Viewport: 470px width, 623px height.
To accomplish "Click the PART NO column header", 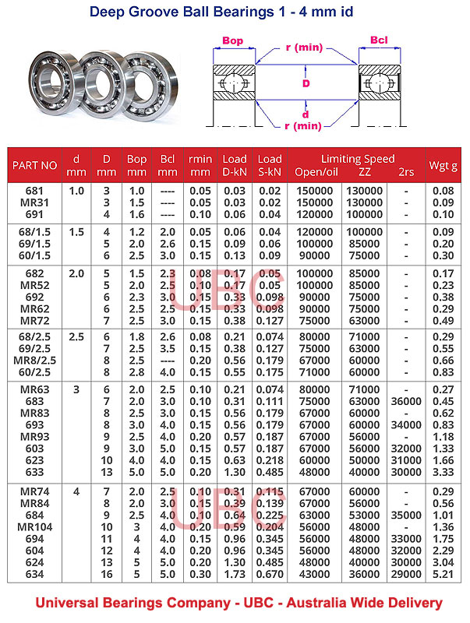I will pos(34,165).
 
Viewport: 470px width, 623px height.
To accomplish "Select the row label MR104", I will pos(34,526).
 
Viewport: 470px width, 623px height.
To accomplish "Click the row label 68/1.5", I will pos(34,231).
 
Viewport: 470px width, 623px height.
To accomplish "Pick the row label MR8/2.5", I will pos(34,360).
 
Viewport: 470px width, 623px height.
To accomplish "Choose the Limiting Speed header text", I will pos(358,159).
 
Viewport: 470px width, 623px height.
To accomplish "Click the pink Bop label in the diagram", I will pos(233,40).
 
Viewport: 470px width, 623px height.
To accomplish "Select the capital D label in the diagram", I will pos(306,83).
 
